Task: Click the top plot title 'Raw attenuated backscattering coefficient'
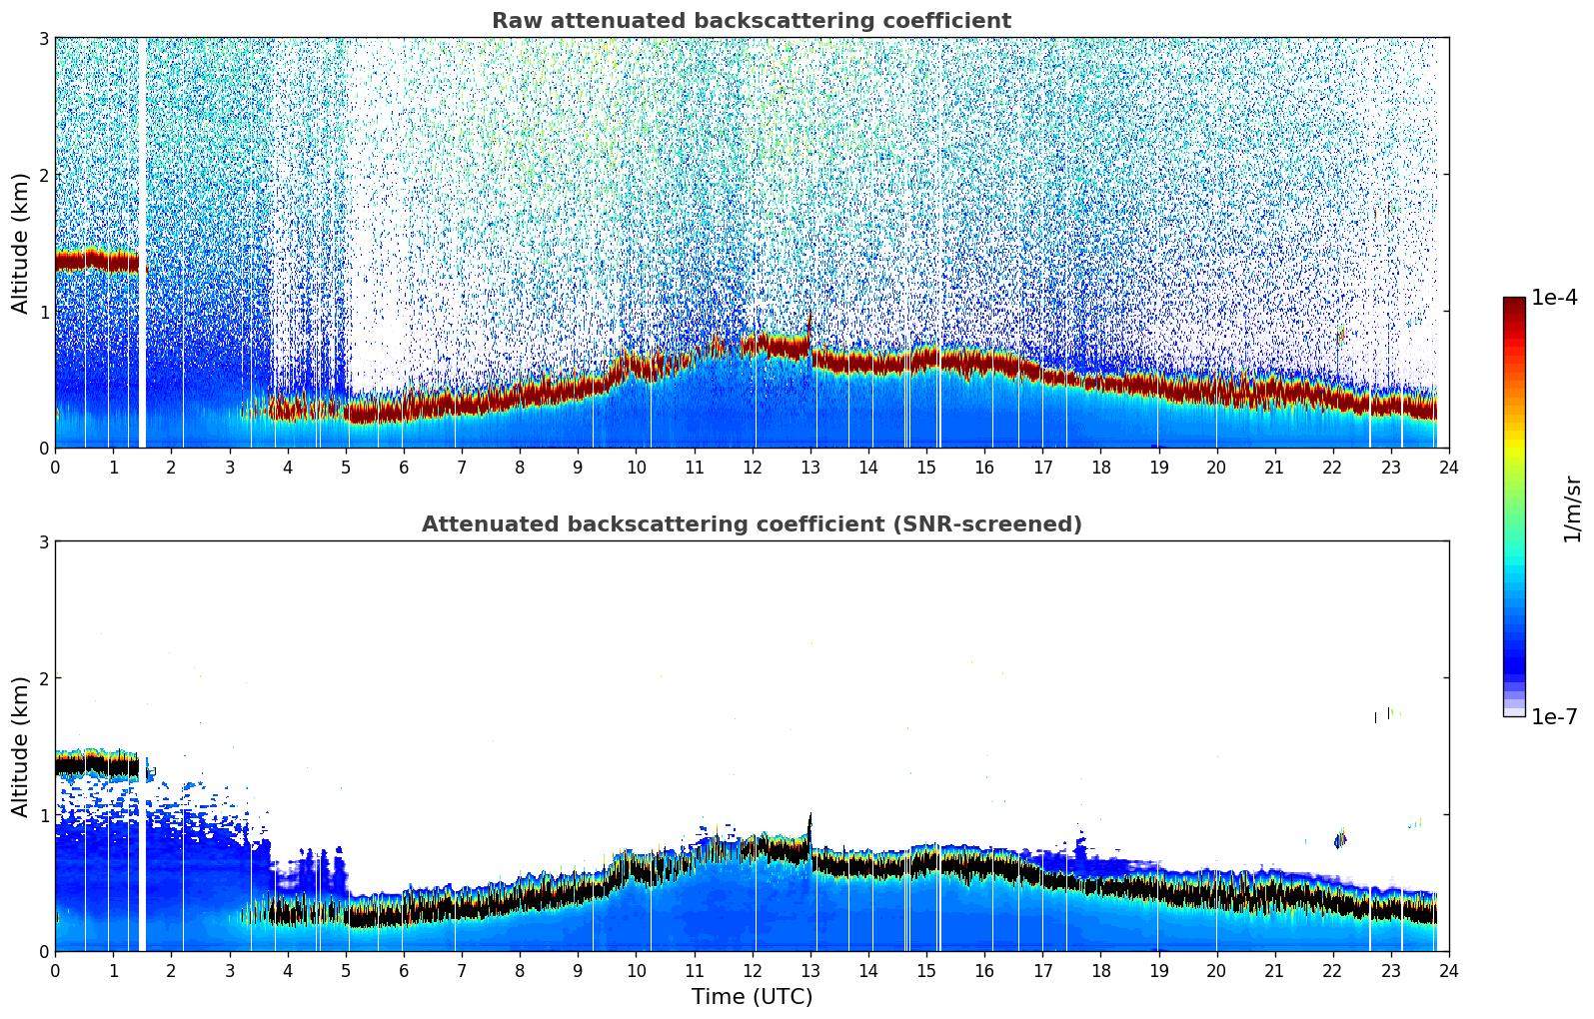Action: click(751, 21)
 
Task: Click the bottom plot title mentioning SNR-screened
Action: click(751, 524)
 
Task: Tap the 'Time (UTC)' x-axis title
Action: click(752, 997)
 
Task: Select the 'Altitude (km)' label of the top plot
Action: click(20, 243)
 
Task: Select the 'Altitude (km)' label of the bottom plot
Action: click(20, 746)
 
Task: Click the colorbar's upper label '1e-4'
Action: click(1554, 298)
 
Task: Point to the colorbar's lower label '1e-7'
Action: click(1554, 716)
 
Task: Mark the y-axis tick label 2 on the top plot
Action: click(43, 175)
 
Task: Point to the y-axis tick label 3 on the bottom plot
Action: click(43, 541)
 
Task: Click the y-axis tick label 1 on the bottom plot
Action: click(43, 815)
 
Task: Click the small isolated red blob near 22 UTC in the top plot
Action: click(1340, 336)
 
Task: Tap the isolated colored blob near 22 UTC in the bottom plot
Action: click(1340, 839)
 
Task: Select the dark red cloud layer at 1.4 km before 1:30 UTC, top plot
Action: click(95, 262)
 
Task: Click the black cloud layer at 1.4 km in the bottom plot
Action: click(95, 765)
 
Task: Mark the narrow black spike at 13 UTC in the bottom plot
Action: click(809, 829)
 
